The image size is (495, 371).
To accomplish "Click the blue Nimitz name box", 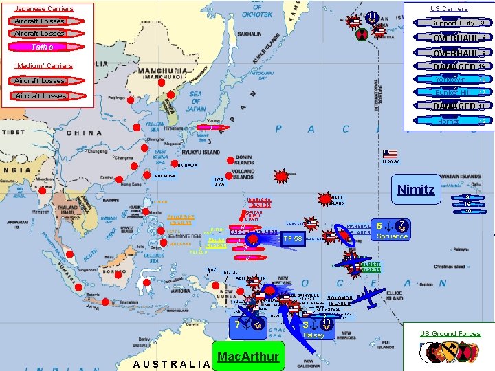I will pos(417,190).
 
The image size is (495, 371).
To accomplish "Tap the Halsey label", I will pos(313,335).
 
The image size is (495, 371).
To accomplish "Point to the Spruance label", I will pos(393,236).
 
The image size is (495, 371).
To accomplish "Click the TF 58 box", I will pos(292,238).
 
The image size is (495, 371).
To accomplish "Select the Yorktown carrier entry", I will pos(450,79).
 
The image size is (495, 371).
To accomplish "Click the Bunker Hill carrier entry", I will pos(451,92).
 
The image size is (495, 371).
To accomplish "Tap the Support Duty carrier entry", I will pos(452,23).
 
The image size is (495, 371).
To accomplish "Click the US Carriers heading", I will pos(449,8).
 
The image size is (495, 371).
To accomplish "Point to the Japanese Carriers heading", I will pos(44,8).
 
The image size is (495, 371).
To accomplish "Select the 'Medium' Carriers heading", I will pos(44,66).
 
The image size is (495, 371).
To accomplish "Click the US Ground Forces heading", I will pos(451,334).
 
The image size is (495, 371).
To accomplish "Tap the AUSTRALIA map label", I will pos(170,363).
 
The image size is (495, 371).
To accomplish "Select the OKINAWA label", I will pos(188,166).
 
